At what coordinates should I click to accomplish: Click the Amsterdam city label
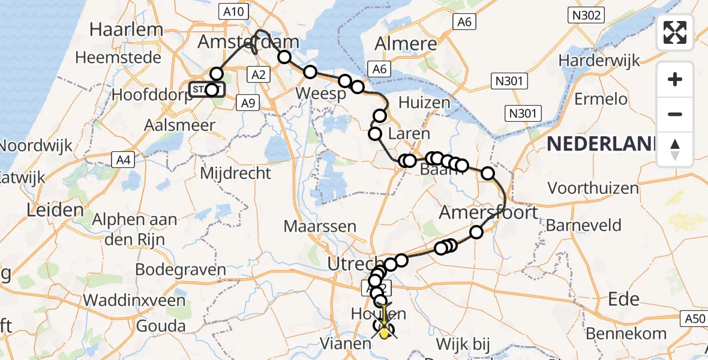point(248,42)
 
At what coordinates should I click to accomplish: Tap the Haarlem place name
point(127,29)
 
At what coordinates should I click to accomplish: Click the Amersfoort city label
point(488,212)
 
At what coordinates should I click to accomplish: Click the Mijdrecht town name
point(235,174)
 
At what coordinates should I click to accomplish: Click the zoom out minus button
point(675,114)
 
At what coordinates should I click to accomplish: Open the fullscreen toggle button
point(675,32)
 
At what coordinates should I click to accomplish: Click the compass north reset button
point(675,149)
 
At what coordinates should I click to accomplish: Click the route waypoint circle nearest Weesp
point(344,81)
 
